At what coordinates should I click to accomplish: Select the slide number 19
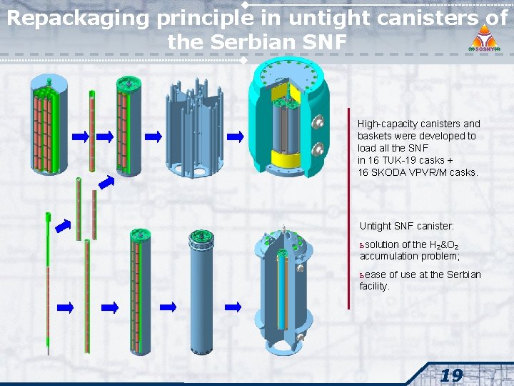tap(451, 375)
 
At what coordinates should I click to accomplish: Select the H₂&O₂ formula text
tap(443, 244)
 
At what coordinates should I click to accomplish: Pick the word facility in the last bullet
tap(374, 286)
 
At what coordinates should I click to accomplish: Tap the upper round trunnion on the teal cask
tap(316, 123)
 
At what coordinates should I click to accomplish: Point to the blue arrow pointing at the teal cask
tap(236, 136)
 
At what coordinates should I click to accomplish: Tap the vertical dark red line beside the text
tap(349, 207)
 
